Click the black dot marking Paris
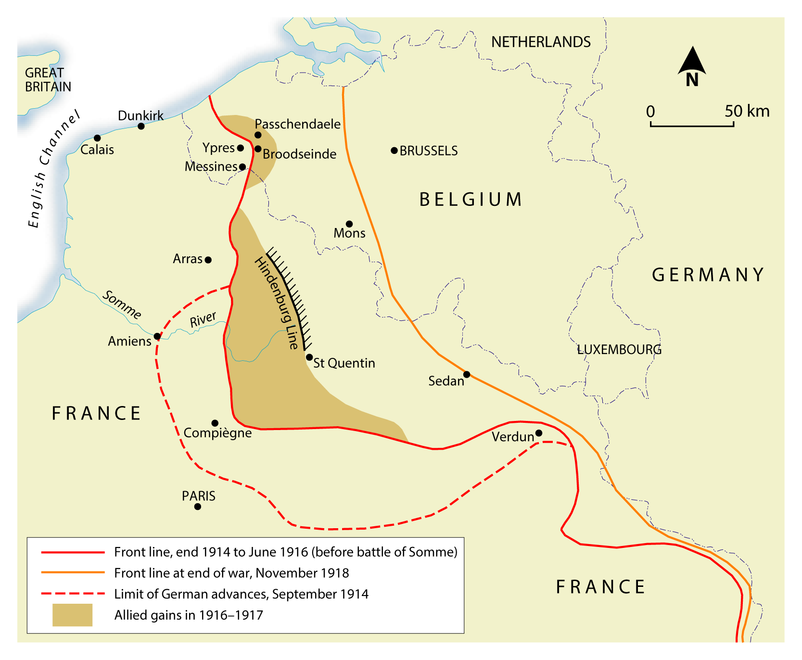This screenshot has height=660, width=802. click(x=198, y=507)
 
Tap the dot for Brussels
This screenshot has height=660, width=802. click(x=394, y=151)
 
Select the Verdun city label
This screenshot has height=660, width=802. click(x=512, y=437)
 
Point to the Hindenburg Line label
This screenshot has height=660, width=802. click(x=277, y=303)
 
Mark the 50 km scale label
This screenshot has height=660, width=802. click(x=747, y=111)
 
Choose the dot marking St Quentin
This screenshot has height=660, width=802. click(x=309, y=357)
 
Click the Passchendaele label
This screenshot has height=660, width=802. click(x=297, y=124)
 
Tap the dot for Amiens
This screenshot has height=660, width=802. click(x=157, y=336)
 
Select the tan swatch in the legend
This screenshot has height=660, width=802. click(x=72, y=615)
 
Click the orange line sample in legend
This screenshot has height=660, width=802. click(x=73, y=572)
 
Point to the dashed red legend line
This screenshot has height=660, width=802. click(x=73, y=594)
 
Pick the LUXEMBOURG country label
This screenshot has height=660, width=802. click(x=619, y=350)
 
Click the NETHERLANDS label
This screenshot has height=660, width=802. click(x=541, y=42)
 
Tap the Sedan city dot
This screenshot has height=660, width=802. click(x=467, y=374)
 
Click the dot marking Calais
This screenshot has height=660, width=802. click(x=97, y=138)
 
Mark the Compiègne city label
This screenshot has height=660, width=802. click(x=217, y=433)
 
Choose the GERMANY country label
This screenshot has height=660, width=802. click(x=708, y=275)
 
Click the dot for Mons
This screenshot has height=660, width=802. click(x=349, y=224)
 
